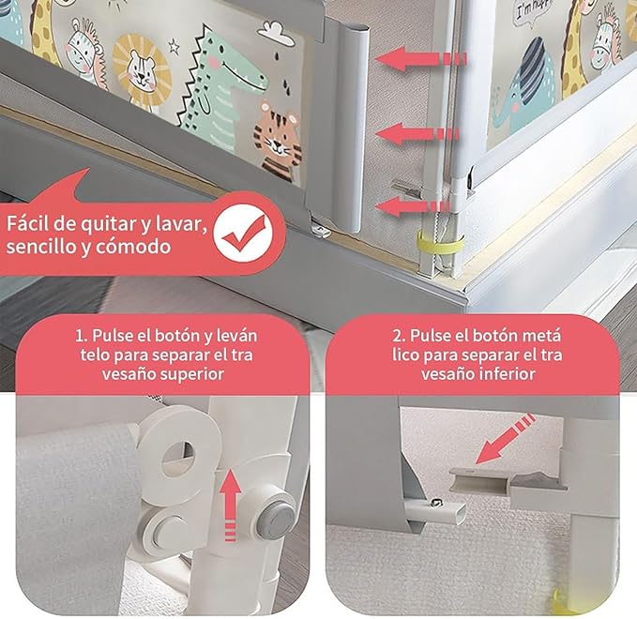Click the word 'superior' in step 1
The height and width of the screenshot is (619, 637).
tap(192, 372)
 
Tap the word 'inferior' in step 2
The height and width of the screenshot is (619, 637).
tap(503, 372)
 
